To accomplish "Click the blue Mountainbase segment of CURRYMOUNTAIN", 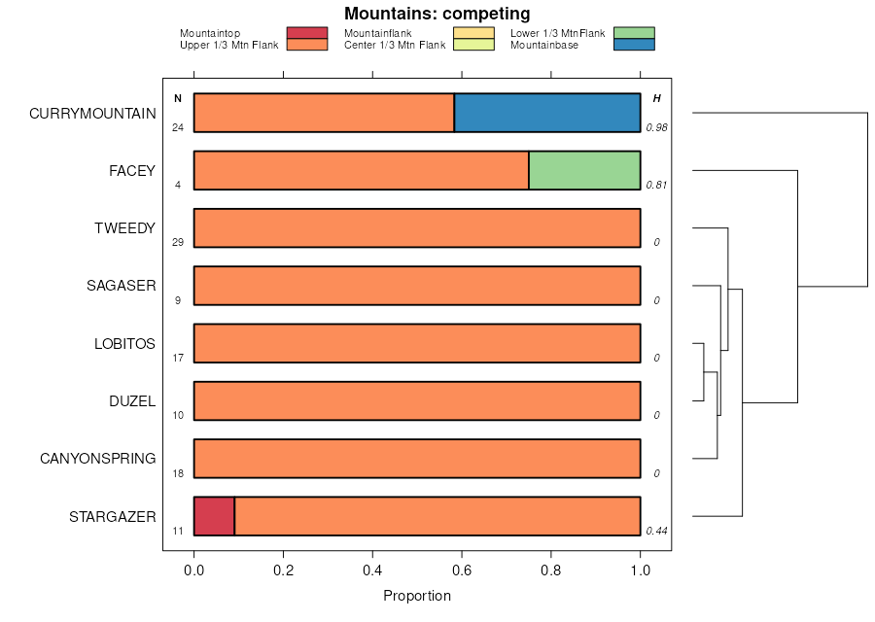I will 547,113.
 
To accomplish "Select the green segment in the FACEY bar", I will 584,170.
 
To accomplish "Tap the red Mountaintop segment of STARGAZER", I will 214,516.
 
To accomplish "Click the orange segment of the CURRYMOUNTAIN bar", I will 324,113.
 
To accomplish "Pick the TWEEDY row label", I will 124,228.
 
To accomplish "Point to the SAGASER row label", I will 121,286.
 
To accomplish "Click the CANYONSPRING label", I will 97,459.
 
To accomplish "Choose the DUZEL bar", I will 417,400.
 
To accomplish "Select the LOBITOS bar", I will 417,343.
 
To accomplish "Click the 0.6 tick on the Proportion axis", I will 462,570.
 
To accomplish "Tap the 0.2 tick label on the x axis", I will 283,570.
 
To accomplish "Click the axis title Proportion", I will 417,596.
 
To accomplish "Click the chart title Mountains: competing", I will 437,14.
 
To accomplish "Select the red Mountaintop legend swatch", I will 307,33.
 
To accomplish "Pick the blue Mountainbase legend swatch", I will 634,45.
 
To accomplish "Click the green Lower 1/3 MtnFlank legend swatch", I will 634,33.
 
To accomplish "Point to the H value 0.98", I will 656,127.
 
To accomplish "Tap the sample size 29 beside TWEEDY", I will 178,242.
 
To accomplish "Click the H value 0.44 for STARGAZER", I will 656,531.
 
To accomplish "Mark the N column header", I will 178,98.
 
